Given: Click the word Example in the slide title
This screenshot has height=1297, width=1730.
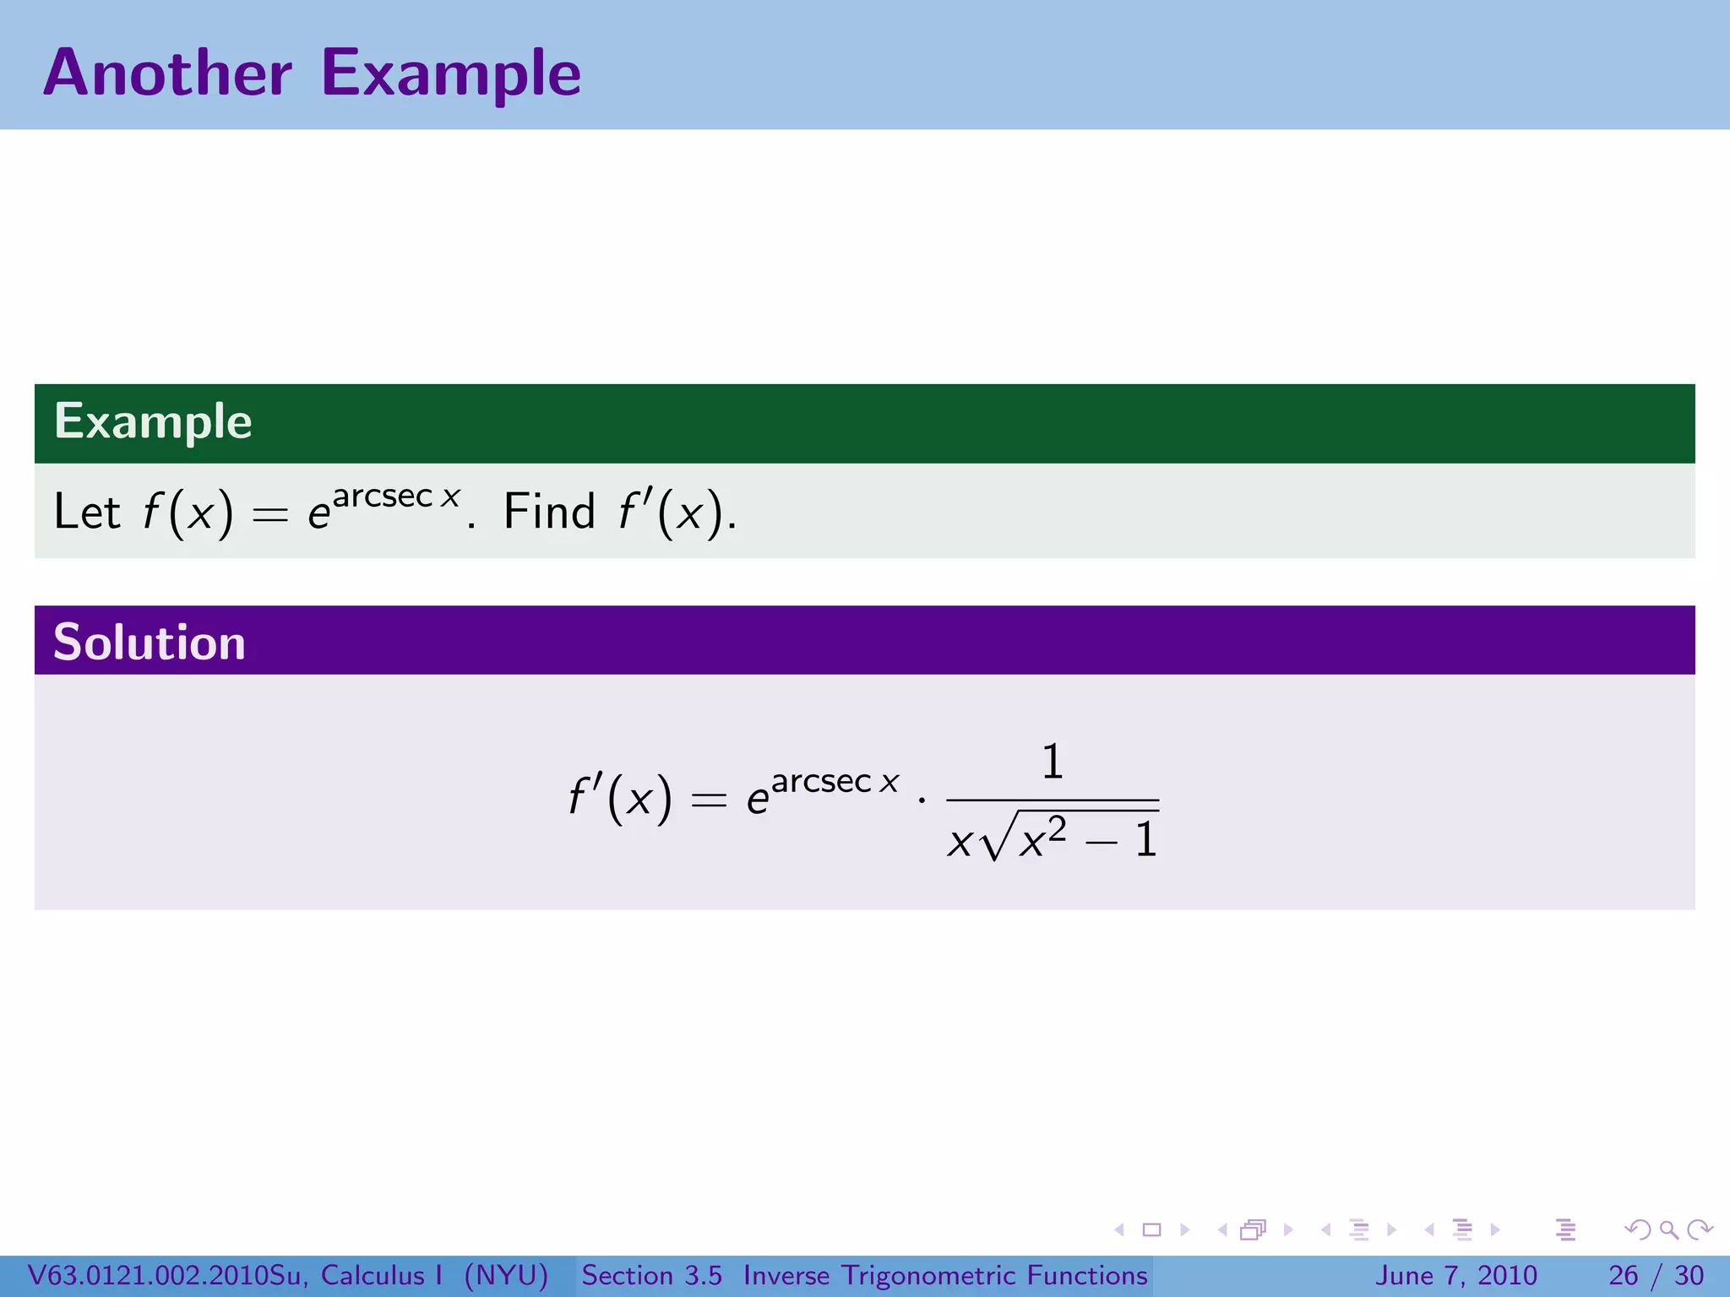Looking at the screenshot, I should (451, 74).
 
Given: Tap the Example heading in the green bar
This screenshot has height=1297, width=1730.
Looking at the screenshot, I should (153, 421).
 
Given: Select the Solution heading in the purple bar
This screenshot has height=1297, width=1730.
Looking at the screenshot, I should (150, 642).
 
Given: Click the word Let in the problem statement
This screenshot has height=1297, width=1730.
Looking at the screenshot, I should (87, 512).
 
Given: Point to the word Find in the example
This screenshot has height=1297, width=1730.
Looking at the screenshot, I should (549, 512).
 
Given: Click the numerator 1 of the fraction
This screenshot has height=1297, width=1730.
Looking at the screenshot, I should (1052, 762).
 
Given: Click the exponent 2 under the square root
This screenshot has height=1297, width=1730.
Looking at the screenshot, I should (1057, 828).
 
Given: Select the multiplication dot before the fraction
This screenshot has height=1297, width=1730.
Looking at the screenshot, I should (922, 799).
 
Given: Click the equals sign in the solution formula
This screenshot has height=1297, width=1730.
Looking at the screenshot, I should (709, 799).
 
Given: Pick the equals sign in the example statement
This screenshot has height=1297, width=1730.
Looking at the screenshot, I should (270, 514).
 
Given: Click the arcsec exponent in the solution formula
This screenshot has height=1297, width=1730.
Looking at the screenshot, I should (821, 782).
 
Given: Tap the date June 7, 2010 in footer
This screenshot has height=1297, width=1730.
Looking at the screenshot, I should (1456, 1275).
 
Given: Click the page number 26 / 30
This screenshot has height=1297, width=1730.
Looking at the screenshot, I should (1657, 1275).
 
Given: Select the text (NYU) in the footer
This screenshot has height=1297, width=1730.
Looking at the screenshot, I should (506, 1275).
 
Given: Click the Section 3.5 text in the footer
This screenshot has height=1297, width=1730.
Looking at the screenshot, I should (651, 1275).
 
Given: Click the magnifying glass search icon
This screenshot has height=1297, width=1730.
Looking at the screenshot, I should (1668, 1229).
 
